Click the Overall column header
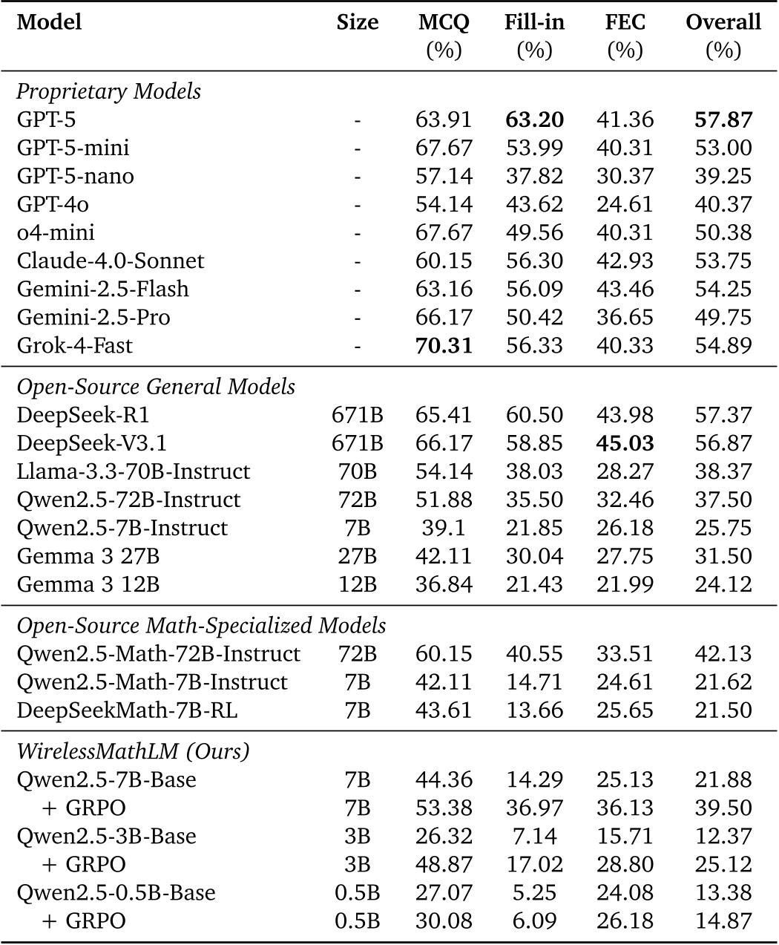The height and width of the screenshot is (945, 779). (x=723, y=22)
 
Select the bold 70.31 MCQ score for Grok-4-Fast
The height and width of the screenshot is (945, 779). (x=444, y=345)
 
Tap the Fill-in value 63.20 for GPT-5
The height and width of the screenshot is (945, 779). (x=534, y=120)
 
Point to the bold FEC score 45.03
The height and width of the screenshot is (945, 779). (x=624, y=443)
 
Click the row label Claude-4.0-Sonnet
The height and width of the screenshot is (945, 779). (x=111, y=261)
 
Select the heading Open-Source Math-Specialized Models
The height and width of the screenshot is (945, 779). (x=201, y=625)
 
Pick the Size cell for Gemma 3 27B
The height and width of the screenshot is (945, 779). (x=357, y=556)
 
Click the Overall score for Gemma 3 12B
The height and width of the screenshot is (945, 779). (x=723, y=584)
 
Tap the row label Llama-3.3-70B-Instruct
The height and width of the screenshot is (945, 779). (x=134, y=471)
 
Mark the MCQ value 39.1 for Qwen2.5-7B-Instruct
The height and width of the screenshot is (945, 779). (x=444, y=528)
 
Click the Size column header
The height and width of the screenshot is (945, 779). (x=357, y=22)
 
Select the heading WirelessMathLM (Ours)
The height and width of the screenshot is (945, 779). (x=133, y=751)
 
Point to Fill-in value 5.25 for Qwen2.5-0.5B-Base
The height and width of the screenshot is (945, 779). (x=534, y=892)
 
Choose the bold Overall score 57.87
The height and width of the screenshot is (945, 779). (x=723, y=120)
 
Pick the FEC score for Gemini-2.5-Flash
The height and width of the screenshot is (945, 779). (x=624, y=289)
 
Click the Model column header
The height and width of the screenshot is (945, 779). (x=49, y=22)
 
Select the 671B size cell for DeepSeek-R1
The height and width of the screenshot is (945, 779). (x=357, y=415)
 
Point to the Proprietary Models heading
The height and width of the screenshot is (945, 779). (x=108, y=91)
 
